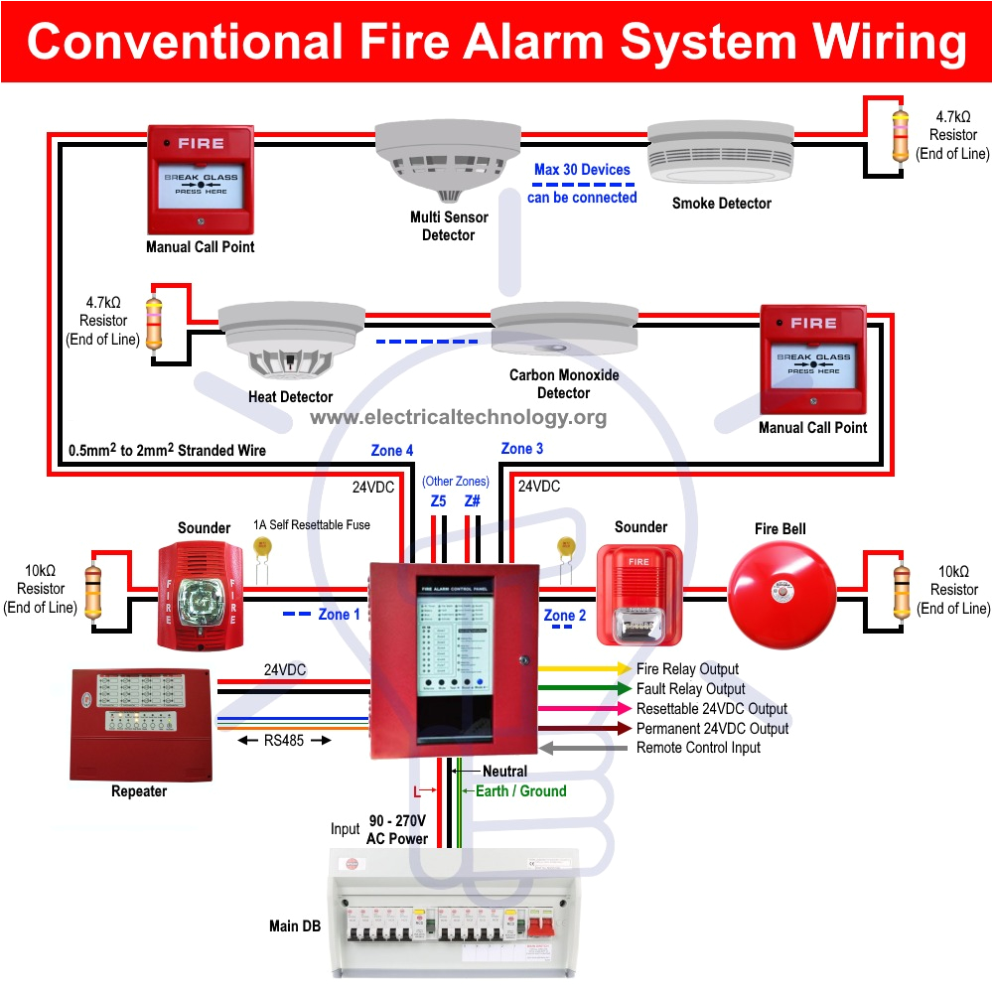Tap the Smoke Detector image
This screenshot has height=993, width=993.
[720, 155]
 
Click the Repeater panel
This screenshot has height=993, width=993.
[140, 725]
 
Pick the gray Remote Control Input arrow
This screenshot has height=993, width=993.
[585, 747]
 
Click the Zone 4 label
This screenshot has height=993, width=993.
[392, 451]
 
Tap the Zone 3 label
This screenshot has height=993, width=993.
[522, 449]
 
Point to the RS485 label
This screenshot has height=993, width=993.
[284, 740]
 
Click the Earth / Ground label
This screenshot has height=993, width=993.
[520, 791]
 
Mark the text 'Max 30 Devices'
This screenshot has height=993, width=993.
[582, 170]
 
